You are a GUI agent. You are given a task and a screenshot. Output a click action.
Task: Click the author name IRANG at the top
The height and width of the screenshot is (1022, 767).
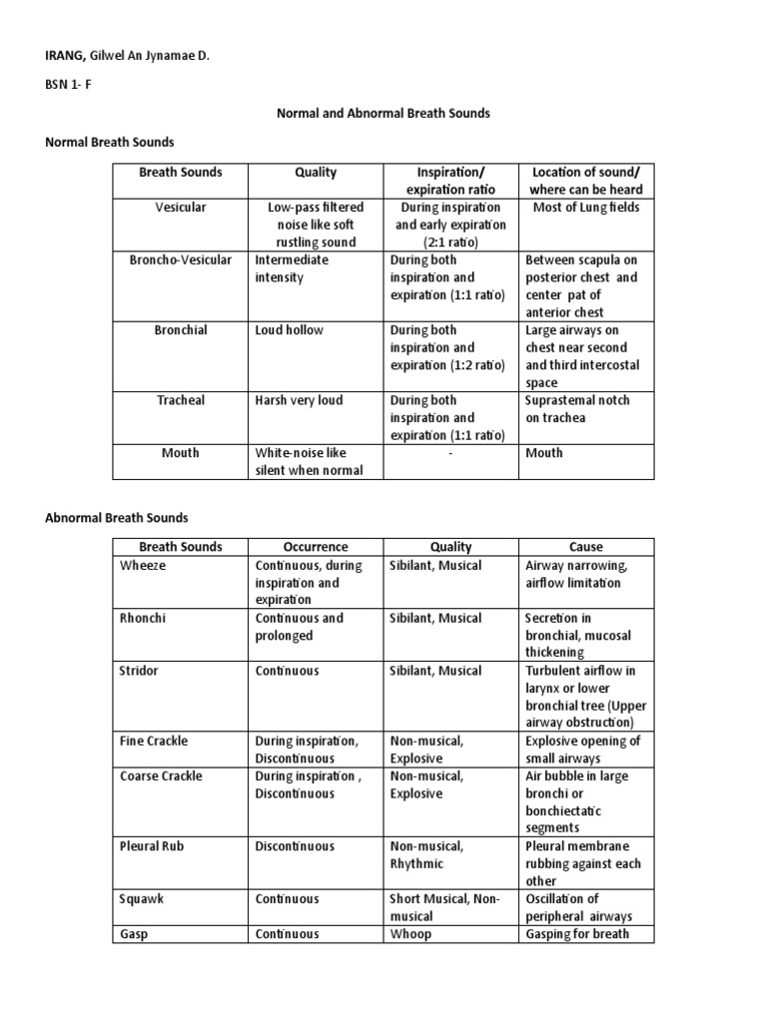coord(67,56)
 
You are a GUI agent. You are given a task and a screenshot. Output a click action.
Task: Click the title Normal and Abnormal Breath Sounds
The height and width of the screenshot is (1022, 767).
coord(383,114)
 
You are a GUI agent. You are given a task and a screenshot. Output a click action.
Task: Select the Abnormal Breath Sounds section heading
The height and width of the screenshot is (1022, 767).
coord(117,518)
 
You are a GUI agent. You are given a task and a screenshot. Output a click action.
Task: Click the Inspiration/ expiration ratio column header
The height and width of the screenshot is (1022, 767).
coord(449,181)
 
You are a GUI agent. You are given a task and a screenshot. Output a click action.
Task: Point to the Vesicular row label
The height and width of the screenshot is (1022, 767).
coord(180,208)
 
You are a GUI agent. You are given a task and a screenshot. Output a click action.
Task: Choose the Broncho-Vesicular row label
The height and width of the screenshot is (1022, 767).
coord(180,260)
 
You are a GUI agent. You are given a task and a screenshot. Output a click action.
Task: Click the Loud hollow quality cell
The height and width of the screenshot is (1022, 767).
coord(290,330)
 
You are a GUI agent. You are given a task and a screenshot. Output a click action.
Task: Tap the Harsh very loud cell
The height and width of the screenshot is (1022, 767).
coord(299,400)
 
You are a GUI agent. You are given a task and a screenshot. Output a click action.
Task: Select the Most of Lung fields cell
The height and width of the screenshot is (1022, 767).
coord(582,208)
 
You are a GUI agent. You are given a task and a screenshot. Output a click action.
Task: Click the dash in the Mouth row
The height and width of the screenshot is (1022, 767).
coord(449,453)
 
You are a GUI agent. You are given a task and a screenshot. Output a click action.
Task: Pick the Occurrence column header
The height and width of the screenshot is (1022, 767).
coord(315,547)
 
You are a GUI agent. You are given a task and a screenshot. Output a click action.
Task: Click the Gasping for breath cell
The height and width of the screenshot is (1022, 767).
coord(577,934)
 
